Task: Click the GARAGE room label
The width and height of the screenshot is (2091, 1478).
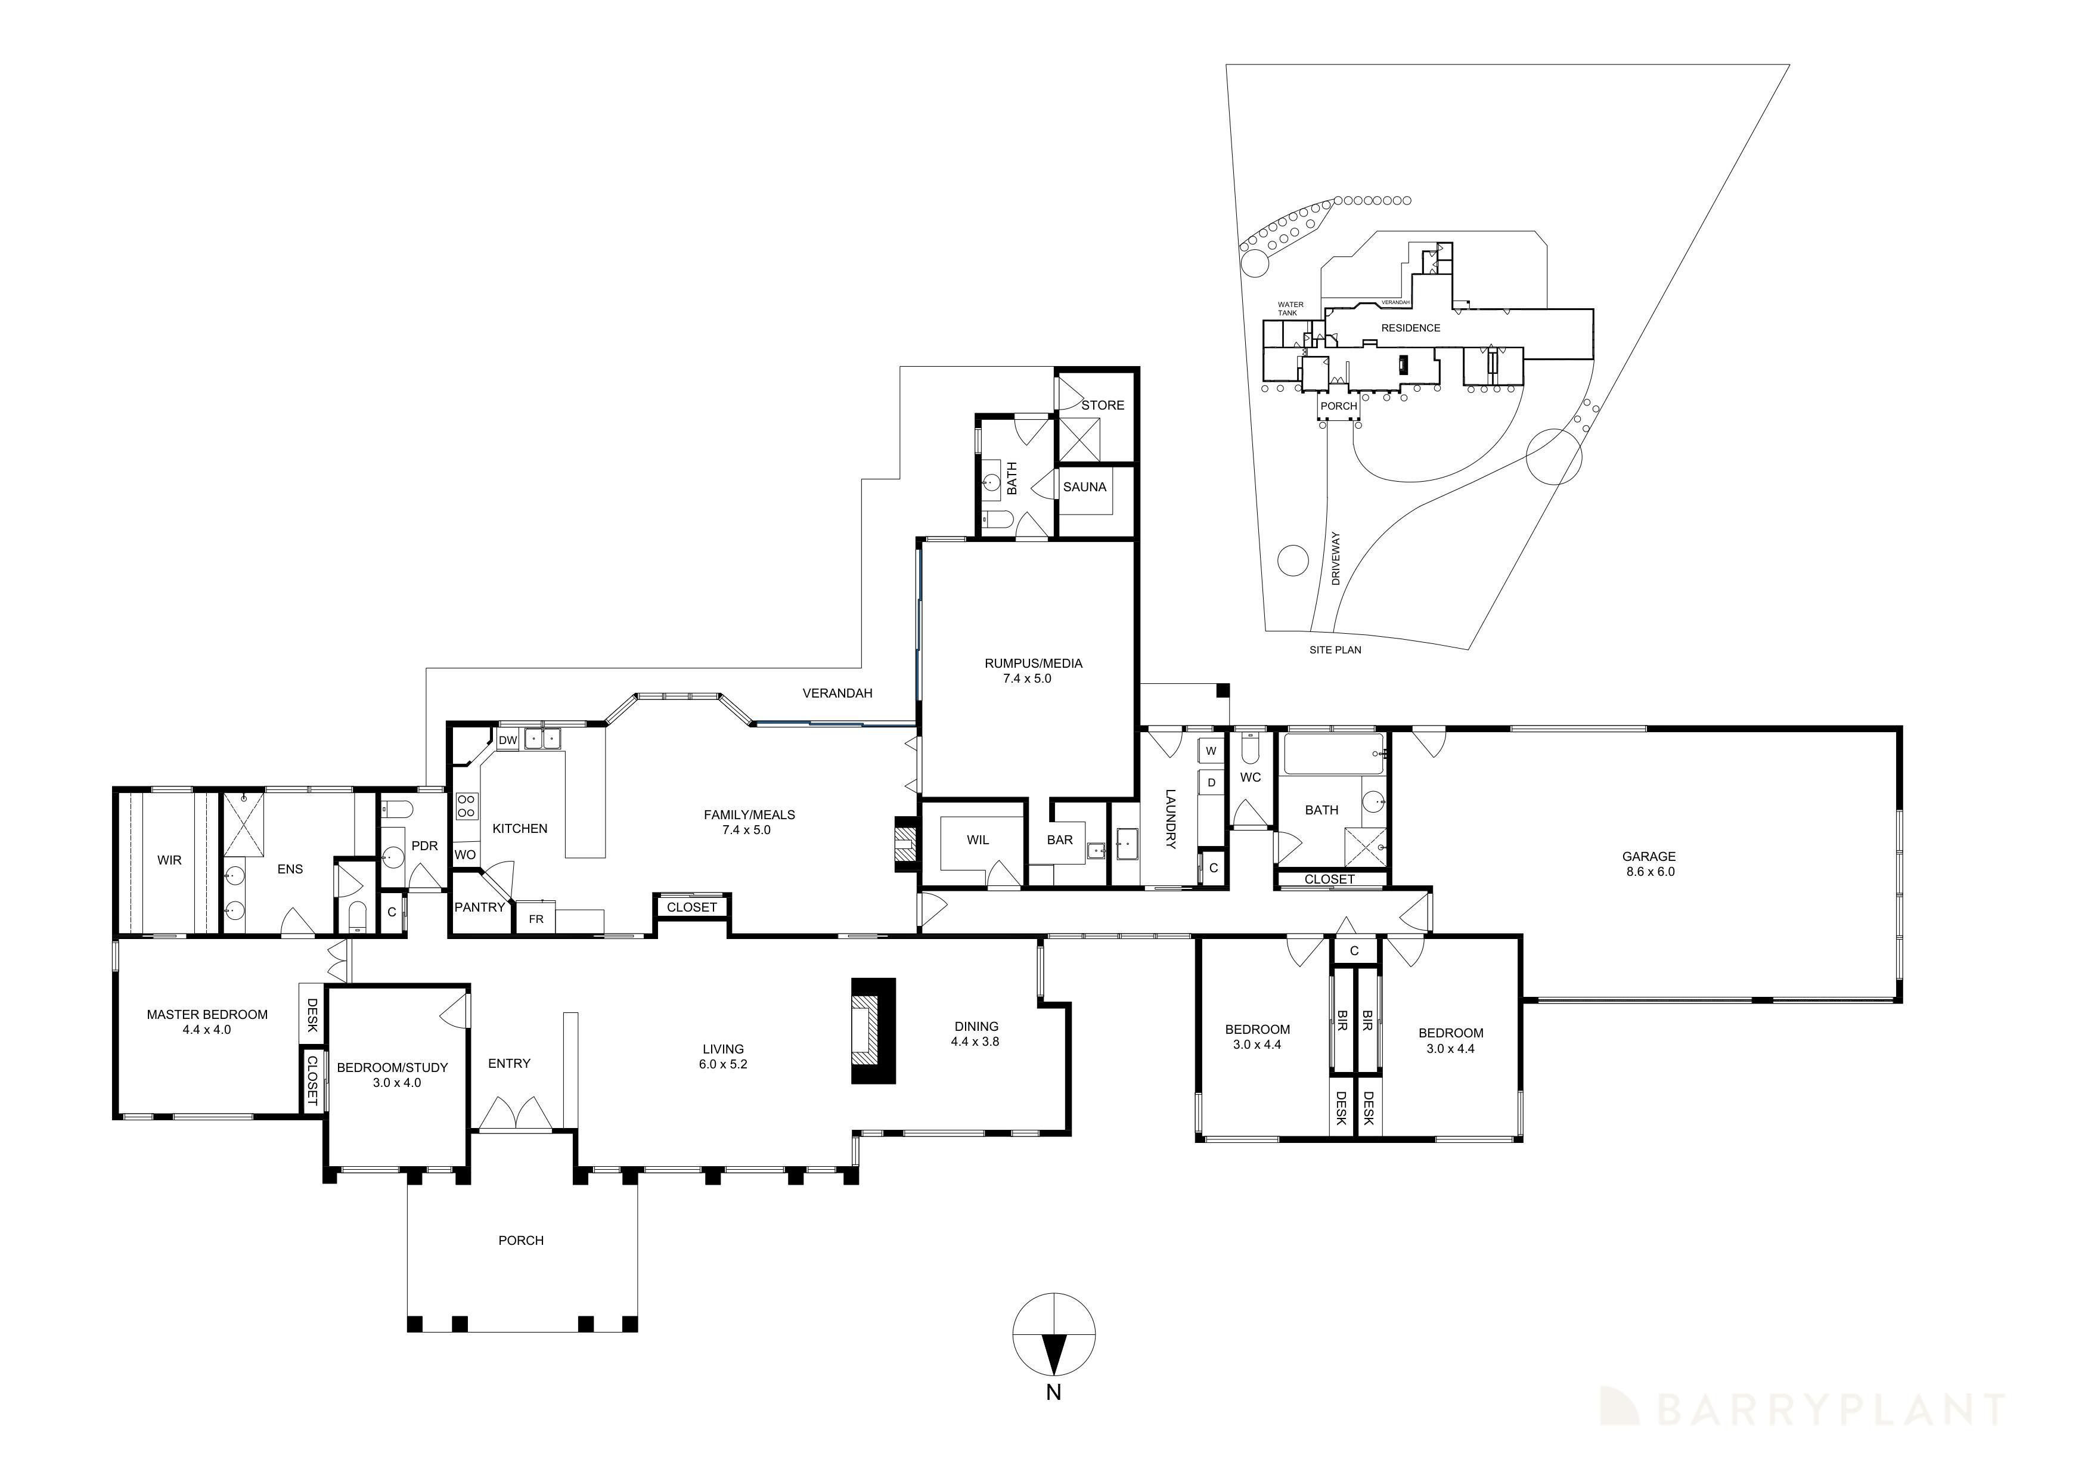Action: [x=1648, y=856]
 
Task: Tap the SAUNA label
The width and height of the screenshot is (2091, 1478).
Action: [x=1085, y=487]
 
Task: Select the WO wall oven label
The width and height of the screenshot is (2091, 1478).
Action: [x=464, y=855]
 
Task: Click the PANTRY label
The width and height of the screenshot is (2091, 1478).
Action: [x=480, y=907]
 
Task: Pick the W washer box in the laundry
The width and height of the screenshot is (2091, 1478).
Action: [x=1211, y=751]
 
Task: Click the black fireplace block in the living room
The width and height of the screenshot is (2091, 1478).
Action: [x=873, y=1031]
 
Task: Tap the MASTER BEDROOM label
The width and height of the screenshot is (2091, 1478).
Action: [x=207, y=1015]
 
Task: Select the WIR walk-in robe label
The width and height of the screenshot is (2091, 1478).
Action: [x=169, y=860]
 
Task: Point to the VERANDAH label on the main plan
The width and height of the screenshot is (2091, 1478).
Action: [x=837, y=693]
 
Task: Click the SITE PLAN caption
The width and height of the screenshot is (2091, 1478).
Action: [x=1335, y=650]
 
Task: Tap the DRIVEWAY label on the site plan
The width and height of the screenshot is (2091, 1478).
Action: [x=1336, y=558]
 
